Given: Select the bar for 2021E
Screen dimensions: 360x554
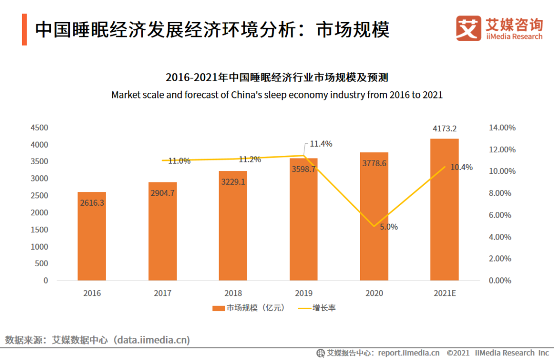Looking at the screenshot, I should point(444,215).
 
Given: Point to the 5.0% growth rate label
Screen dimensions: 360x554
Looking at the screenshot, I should point(388,227).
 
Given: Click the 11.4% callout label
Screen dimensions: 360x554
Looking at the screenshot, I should point(321,144).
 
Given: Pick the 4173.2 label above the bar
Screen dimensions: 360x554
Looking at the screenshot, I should point(444,128).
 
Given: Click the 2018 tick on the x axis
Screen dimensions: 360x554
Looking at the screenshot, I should point(233,293).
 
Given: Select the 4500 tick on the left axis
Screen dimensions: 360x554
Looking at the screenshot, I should point(38,128).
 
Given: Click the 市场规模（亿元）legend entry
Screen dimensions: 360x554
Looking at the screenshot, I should point(248,308).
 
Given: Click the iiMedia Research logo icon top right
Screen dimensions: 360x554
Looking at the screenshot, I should point(468,28).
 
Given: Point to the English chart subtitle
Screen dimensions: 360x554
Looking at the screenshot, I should point(276,95).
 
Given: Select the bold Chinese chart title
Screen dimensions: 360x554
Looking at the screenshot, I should point(276,78).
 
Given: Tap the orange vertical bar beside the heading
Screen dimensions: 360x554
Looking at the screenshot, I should point(24,30).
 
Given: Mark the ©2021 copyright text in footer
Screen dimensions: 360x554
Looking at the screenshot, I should point(458,353).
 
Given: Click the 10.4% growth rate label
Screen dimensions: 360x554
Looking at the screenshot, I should point(461,167).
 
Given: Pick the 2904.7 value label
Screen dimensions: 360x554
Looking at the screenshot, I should point(163,193).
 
